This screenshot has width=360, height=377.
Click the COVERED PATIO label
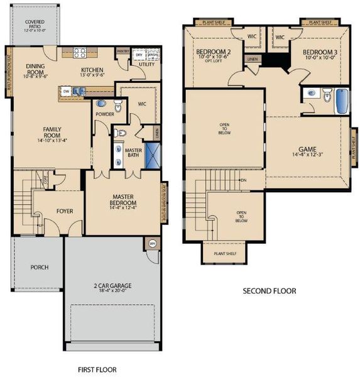tap(35, 24)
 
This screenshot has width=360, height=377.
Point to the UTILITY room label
tap(146, 64)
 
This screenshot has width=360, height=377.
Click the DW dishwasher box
tap(66, 92)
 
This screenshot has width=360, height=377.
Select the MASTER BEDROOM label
tap(121, 199)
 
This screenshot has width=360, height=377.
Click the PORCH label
tap(39, 267)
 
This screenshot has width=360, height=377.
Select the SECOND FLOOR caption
tap(269, 291)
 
